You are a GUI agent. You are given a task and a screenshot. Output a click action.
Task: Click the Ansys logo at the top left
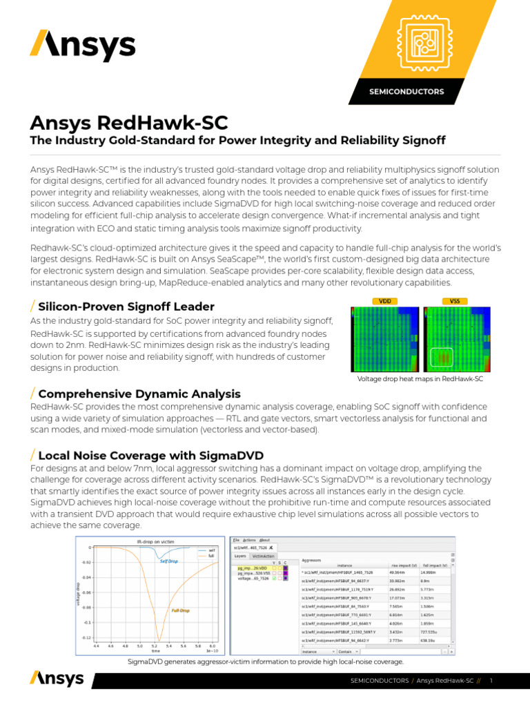[82, 46]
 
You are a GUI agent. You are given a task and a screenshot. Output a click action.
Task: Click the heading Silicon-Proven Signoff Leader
[126, 307]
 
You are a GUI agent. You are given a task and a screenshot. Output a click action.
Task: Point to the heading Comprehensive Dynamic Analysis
[139, 394]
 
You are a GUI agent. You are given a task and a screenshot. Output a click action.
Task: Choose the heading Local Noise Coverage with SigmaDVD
[150, 455]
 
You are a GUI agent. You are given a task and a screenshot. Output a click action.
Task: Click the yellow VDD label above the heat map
[385, 301]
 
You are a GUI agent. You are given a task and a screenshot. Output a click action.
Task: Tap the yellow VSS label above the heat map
[455, 301]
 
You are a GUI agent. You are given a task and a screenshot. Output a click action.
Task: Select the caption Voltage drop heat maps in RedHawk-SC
[420, 380]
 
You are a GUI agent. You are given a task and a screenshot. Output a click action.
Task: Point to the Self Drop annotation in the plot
[169, 561]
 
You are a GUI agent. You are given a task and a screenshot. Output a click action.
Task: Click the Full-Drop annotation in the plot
[181, 610]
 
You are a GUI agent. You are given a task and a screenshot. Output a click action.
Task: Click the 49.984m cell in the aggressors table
[397, 572]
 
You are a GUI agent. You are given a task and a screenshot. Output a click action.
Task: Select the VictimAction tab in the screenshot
[263, 555]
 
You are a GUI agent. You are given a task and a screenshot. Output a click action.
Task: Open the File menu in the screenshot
[235, 540]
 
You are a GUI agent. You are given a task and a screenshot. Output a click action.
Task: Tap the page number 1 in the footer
[490, 681]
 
